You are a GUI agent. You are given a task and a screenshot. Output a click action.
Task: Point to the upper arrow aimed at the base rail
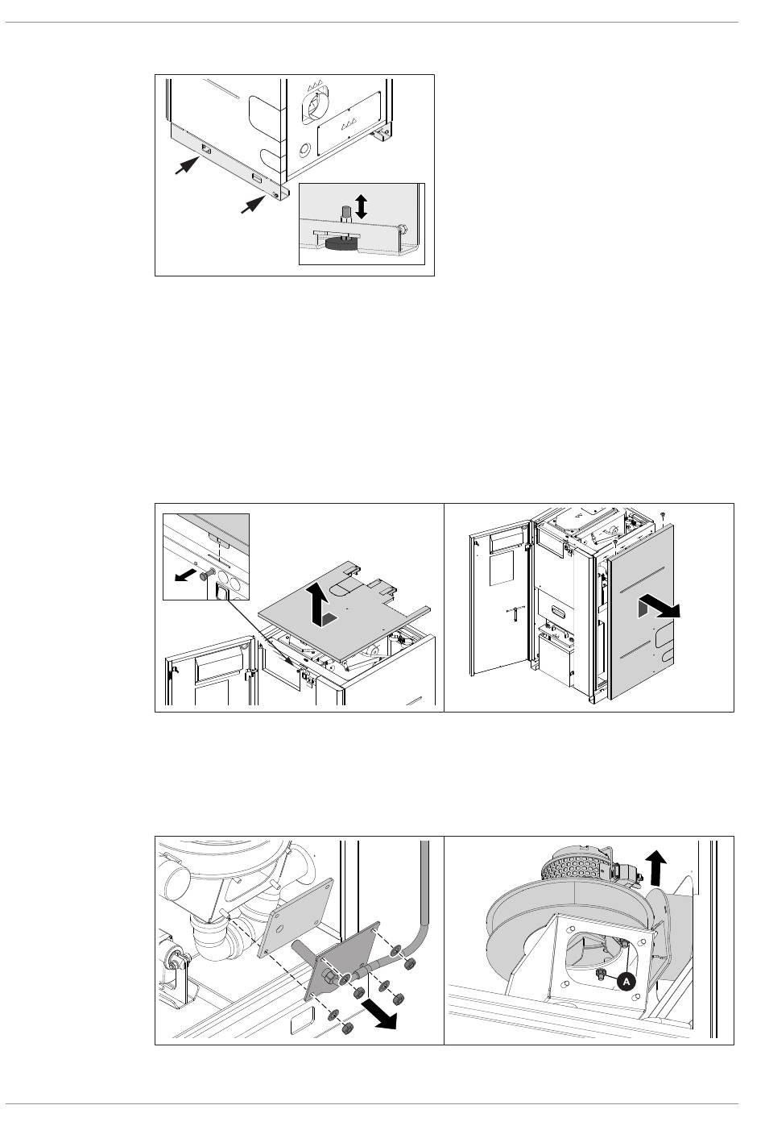pos(185,166)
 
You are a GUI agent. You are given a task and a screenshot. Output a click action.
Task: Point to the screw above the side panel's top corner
pos(662,515)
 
